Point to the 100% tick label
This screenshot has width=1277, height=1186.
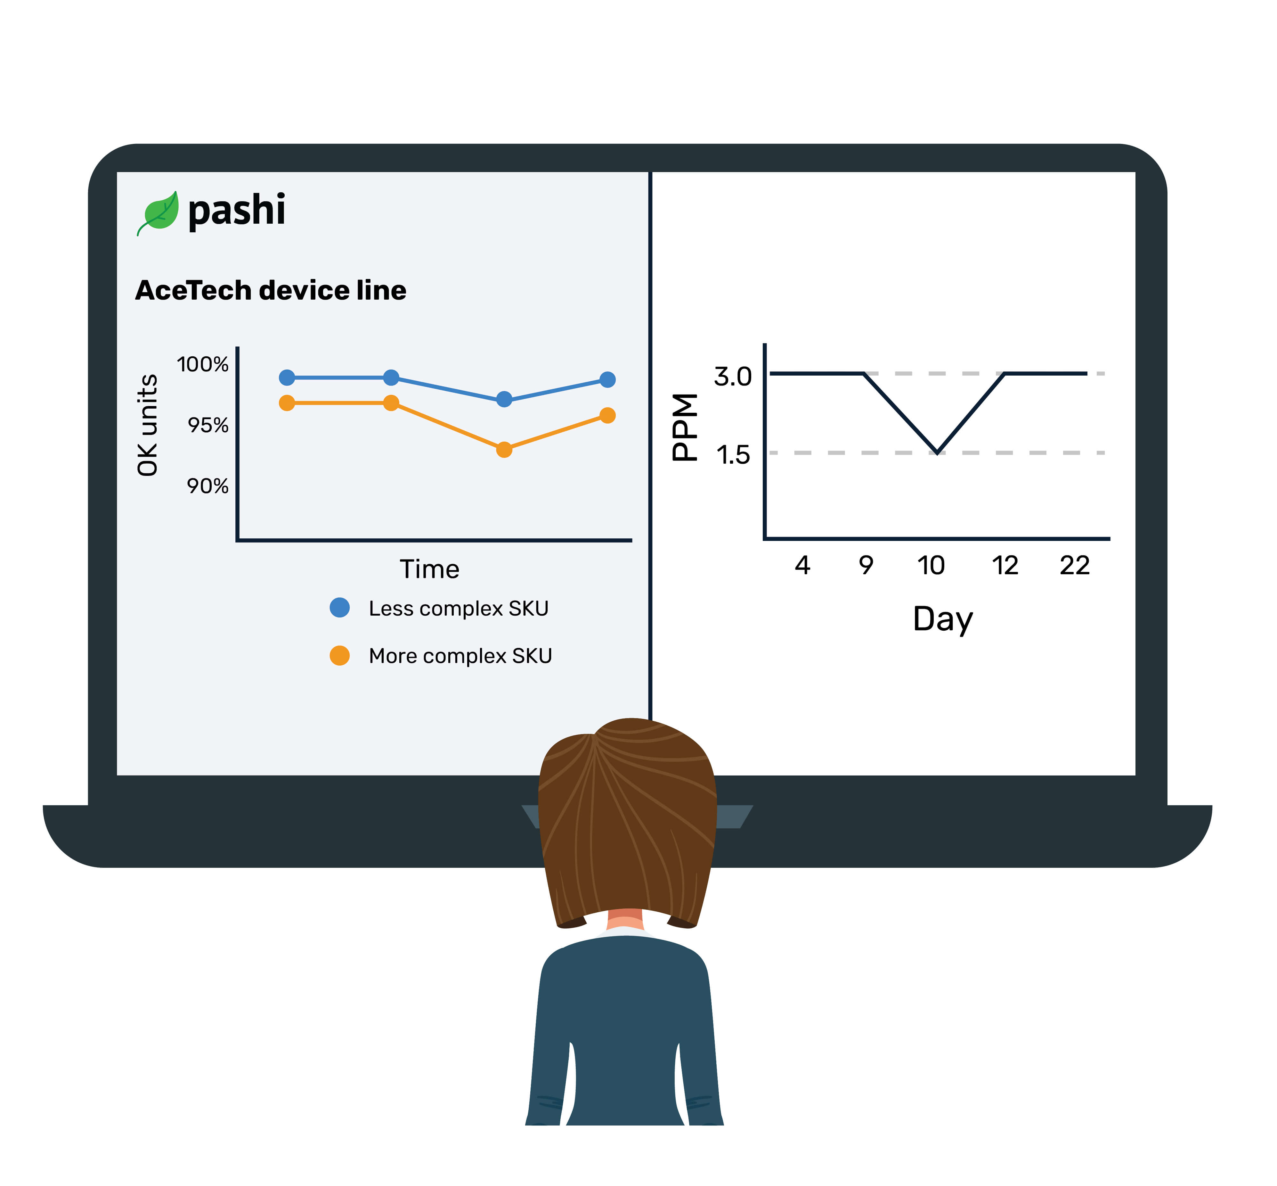click(x=203, y=365)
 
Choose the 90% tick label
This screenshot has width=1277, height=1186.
click(x=208, y=486)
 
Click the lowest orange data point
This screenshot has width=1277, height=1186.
click(x=504, y=449)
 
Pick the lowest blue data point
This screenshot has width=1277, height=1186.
click(x=504, y=399)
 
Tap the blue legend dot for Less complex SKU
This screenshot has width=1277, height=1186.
click(x=339, y=607)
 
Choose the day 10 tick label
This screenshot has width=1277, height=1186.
click(x=931, y=565)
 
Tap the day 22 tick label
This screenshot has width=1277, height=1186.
click(x=1074, y=565)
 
